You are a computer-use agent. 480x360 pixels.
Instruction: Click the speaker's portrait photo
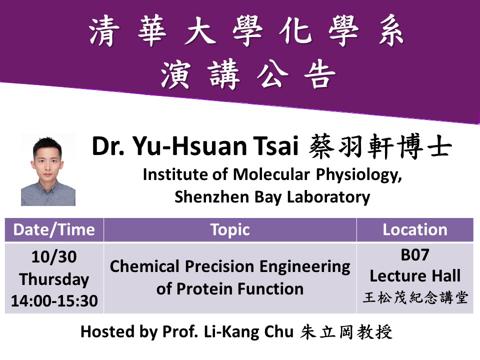coord(48,169)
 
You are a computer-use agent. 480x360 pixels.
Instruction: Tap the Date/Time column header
coord(54,229)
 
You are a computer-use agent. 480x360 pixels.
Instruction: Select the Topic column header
coord(230,230)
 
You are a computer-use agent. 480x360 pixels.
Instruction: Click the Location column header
coord(415,229)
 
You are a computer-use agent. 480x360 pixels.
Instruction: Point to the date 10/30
coord(54,256)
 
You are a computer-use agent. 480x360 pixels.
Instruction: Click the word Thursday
coord(54,279)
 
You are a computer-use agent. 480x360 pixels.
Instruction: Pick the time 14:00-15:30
coord(54,300)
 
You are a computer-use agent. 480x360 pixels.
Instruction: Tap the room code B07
coord(415,254)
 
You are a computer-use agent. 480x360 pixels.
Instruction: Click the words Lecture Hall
coord(415,276)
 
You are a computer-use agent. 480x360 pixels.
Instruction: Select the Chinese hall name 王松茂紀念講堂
coord(415,297)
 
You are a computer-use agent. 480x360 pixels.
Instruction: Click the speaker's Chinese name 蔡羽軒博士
coord(380,146)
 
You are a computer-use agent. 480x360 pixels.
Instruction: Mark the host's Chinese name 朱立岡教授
coord(346,332)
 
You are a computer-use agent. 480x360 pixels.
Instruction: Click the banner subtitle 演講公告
coord(248,74)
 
